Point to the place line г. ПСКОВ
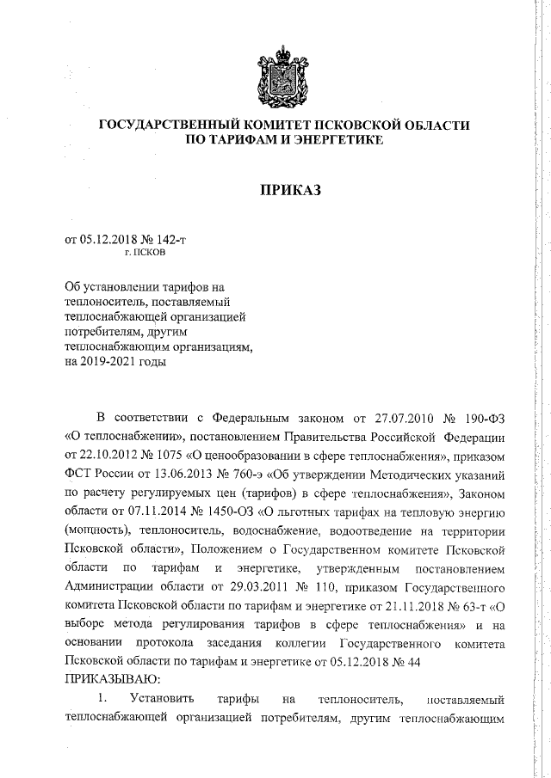(146, 254)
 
